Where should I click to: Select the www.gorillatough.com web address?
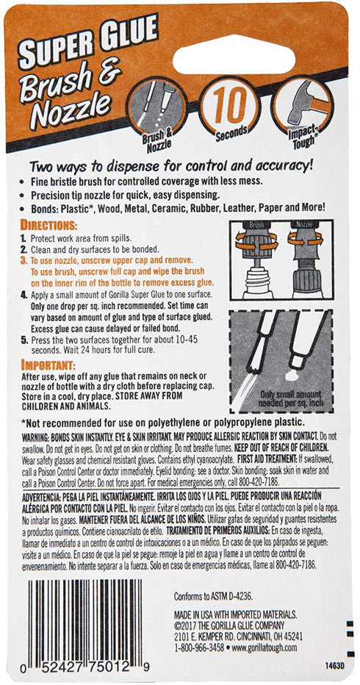265,648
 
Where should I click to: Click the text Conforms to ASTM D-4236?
214,596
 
